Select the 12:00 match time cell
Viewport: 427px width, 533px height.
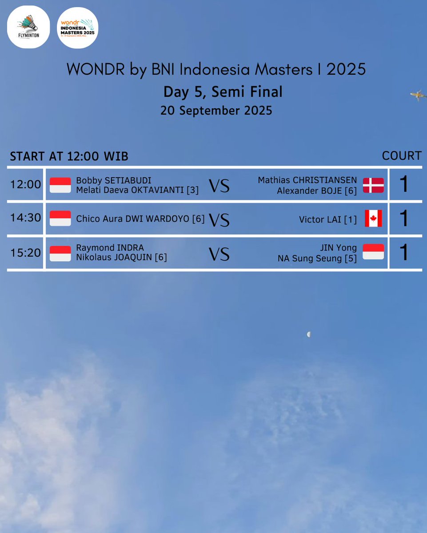[x=25, y=184]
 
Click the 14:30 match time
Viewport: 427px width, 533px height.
[x=25, y=218]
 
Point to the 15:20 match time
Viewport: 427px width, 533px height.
[x=25, y=253]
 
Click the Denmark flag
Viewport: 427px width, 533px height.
[x=373, y=185]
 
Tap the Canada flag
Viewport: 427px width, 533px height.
[x=373, y=219]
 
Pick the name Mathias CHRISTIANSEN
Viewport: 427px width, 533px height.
[x=307, y=180]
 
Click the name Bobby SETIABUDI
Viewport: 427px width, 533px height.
[x=114, y=180]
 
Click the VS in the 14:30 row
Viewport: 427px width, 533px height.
[x=219, y=220]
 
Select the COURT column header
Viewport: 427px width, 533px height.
[x=402, y=155]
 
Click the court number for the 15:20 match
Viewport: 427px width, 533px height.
[x=403, y=253]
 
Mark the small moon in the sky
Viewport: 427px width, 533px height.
[x=308, y=334]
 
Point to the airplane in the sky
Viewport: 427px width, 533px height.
[x=418, y=95]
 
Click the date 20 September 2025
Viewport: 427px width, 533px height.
[x=216, y=110]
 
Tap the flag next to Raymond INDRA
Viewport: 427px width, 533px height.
[x=60, y=253]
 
